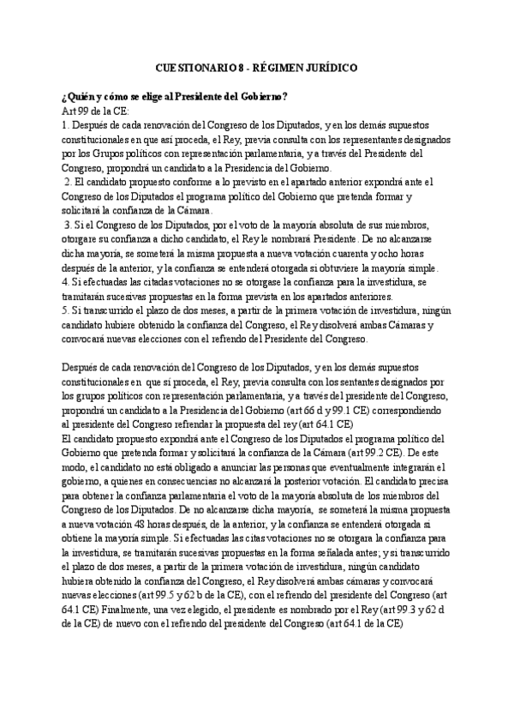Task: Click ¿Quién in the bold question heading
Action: tap(81, 95)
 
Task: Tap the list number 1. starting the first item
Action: tap(65, 125)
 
